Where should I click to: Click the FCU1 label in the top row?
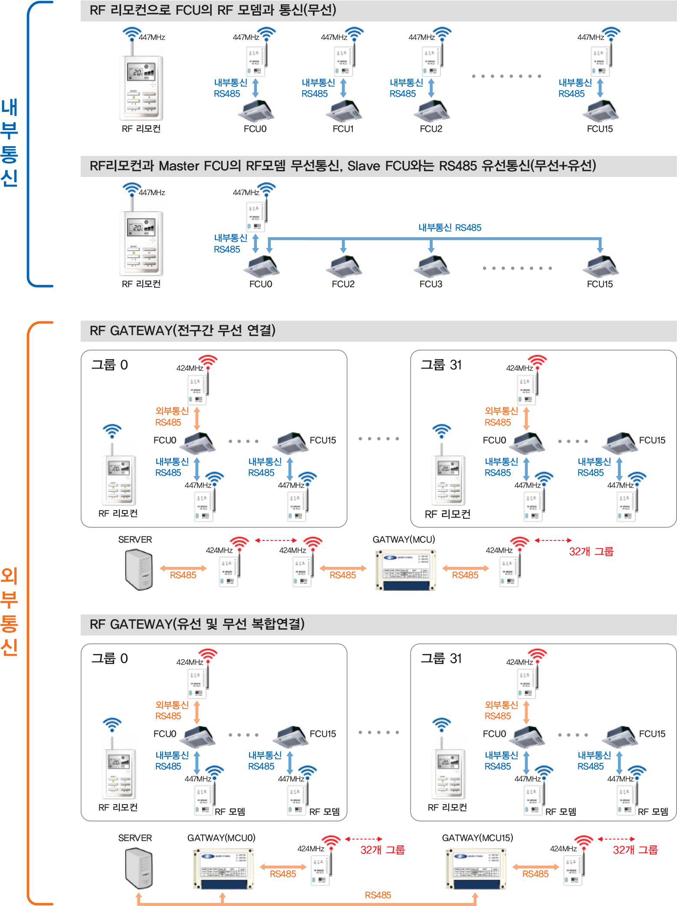tap(343, 129)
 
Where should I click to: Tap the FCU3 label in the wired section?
tap(431, 284)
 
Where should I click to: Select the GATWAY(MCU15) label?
tap(477, 838)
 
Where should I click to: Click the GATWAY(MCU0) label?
tap(221, 838)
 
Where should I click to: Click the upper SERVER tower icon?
tap(139, 569)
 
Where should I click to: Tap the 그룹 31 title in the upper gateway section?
tap(441, 365)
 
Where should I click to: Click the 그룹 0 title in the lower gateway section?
tap(109, 658)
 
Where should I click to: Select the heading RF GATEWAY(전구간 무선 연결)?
tap(182, 330)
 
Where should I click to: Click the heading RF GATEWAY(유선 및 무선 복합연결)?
tap(197, 624)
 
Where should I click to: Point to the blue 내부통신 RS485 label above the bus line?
tap(450, 228)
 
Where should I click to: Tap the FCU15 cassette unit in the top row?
tap(600, 111)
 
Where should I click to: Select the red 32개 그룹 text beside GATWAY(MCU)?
tap(591, 552)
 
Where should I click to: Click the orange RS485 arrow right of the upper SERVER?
tap(183, 569)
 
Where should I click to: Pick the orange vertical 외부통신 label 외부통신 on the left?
tap(9, 612)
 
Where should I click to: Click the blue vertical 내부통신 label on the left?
tap(9, 143)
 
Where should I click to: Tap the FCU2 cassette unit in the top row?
tap(431, 111)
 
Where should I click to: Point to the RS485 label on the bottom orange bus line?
tap(378, 895)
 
